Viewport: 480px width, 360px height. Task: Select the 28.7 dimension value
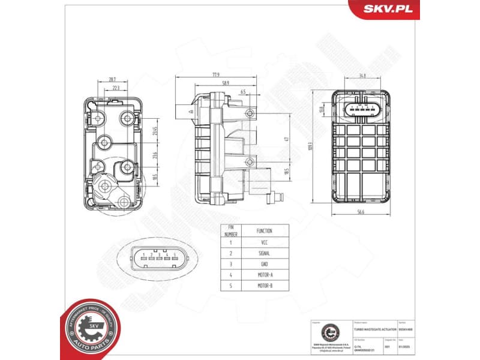click(112, 79)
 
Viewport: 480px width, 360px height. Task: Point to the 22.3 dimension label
click(115, 88)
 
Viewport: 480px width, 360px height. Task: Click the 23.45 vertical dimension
click(154, 131)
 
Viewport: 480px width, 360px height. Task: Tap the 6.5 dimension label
click(242, 91)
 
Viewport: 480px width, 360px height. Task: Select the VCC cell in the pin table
click(264, 243)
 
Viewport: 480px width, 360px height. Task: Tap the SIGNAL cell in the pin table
click(264, 253)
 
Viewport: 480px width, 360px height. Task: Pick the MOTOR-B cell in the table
click(264, 286)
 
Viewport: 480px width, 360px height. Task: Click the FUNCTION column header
click(264, 230)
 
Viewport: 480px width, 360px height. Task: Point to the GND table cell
click(264, 264)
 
